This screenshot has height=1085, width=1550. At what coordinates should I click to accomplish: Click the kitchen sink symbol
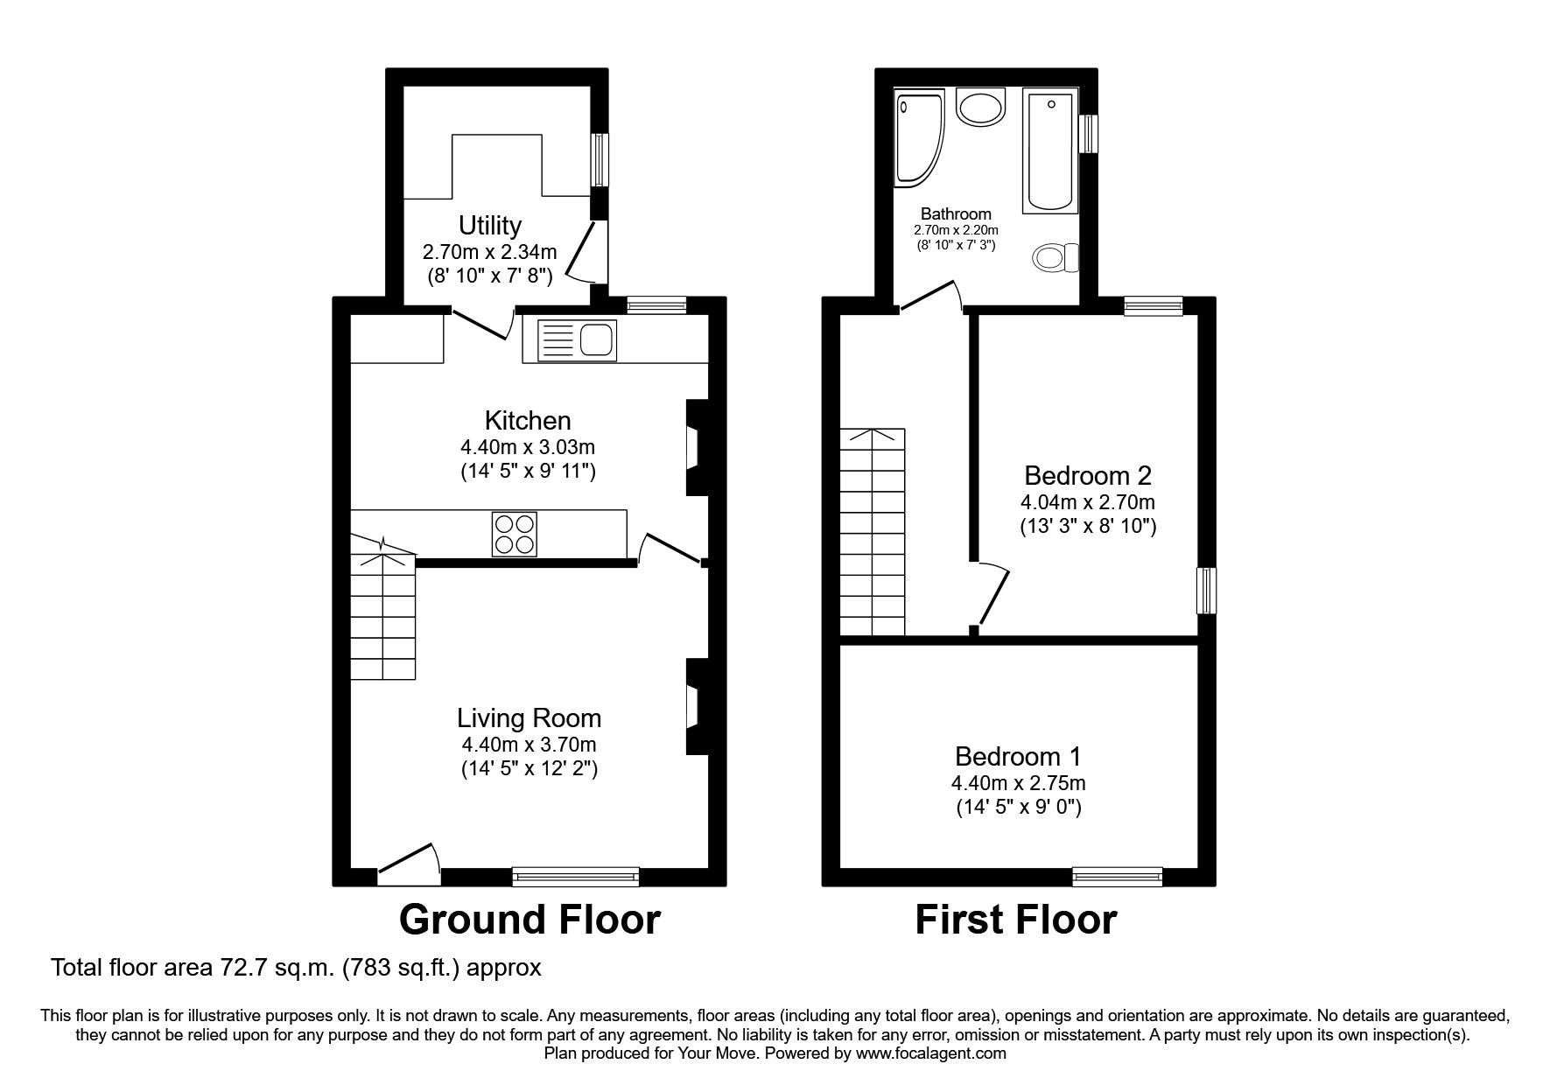[x=577, y=339]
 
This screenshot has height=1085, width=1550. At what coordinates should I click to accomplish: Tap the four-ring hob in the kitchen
[x=515, y=534]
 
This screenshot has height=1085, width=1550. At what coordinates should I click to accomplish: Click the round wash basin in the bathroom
[x=982, y=108]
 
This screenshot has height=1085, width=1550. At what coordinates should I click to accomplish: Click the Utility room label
[x=490, y=226]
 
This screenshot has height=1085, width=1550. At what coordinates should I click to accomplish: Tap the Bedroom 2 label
[x=1088, y=476]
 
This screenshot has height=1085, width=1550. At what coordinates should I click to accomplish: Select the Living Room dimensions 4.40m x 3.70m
[x=529, y=745]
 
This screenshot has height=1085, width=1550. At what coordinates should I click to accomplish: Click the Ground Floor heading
[x=530, y=920]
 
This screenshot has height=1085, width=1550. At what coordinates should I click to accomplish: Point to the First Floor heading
[x=1015, y=920]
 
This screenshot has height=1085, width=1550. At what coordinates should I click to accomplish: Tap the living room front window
[x=576, y=875]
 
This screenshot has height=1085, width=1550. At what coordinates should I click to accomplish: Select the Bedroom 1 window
[x=1118, y=875]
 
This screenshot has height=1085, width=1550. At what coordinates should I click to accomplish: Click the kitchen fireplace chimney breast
[x=698, y=448]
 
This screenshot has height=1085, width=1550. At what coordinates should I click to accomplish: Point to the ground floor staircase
[x=382, y=612]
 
